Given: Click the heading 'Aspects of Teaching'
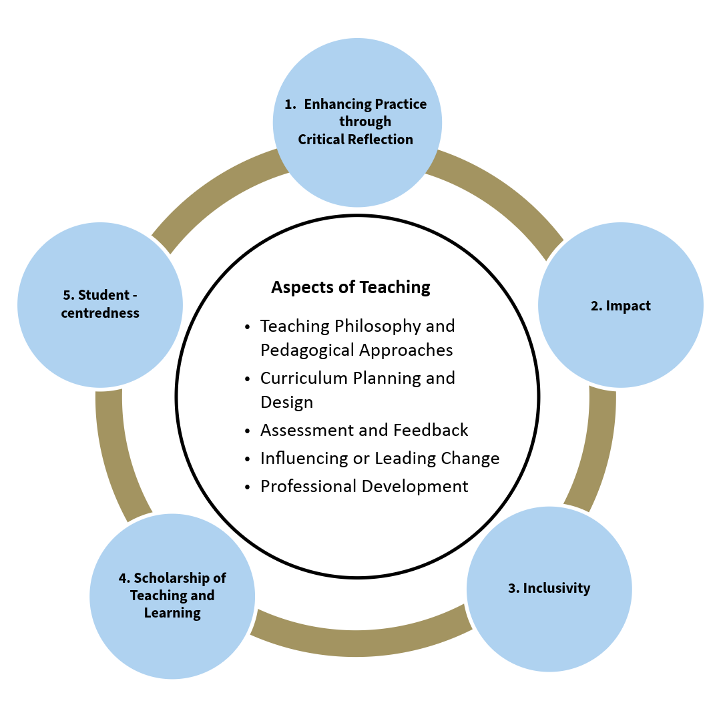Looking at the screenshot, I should click(350, 287).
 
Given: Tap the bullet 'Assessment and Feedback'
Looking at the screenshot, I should click(364, 431).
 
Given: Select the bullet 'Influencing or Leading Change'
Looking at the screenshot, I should click(379, 459).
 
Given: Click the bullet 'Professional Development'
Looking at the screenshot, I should click(364, 487).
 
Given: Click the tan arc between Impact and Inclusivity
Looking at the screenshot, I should click(597, 447).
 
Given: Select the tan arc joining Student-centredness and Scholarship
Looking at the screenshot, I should click(117, 454).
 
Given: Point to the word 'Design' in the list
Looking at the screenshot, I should click(286, 403).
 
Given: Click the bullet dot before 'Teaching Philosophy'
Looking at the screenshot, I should click(248, 327).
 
